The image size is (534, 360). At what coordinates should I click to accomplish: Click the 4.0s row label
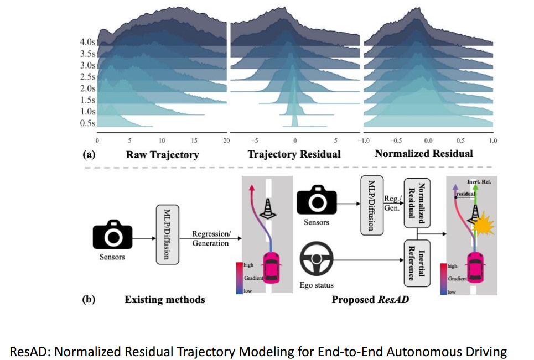[87, 42]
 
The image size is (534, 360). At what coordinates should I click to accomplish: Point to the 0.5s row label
[87, 123]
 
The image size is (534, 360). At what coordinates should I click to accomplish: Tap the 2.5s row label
[87, 77]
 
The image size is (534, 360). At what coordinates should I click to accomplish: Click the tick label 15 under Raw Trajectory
[194, 140]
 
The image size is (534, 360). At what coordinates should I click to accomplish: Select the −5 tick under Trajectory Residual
[255, 140]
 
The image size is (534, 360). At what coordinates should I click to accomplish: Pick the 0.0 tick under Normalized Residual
[428, 140]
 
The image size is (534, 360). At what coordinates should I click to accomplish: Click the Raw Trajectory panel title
[163, 155]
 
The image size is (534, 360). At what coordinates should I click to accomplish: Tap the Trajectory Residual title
[294, 154]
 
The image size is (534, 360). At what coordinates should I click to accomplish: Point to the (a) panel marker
[89, 154]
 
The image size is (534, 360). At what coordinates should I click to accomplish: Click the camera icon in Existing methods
[112, 234]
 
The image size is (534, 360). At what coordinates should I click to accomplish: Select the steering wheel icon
[317, 259]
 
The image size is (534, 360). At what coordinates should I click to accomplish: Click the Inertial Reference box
[417, 263]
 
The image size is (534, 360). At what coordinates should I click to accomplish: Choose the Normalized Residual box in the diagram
[417, 203]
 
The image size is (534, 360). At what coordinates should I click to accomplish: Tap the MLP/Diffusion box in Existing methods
[168, 234]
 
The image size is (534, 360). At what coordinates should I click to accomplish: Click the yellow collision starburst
[484, 224]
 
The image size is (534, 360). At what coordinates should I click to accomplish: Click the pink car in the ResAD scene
[476, 268]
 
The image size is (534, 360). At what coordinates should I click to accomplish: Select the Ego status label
[317, 285]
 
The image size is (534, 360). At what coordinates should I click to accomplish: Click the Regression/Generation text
[211, 238]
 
